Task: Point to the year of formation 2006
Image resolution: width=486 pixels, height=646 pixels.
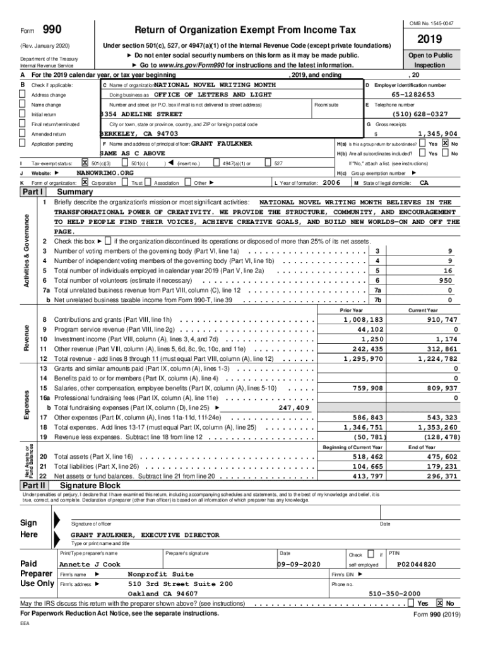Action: [331, 182]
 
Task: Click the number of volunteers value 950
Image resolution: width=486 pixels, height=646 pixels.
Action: [446, 280]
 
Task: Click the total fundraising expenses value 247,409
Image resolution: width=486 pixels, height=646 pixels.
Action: [294, 408]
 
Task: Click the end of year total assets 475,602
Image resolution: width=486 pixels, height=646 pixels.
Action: [442, 456]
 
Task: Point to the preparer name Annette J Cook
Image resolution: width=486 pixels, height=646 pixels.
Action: [90, 564]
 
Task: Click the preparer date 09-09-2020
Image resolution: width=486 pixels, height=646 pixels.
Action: [300, 564]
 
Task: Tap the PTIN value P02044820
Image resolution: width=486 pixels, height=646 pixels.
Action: [416, 564]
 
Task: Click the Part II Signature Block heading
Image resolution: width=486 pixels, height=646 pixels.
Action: [89, 486]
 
